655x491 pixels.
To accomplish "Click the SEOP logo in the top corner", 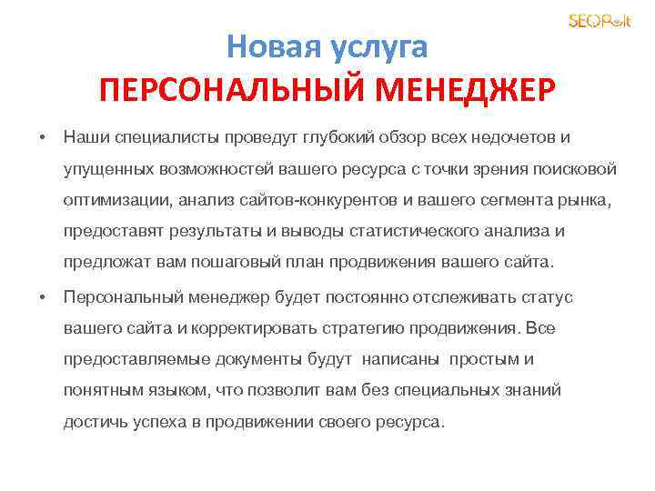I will click(599, 21).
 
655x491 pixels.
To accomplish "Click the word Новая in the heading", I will click(264, 45).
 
